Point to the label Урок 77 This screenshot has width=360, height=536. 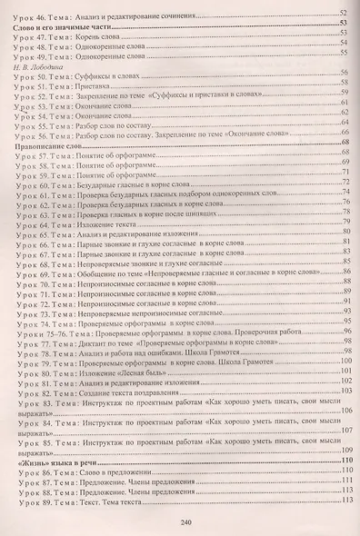tap(31, 343)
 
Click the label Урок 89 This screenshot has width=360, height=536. tap(31, 501)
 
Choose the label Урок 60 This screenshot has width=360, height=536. tap(31, 184)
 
